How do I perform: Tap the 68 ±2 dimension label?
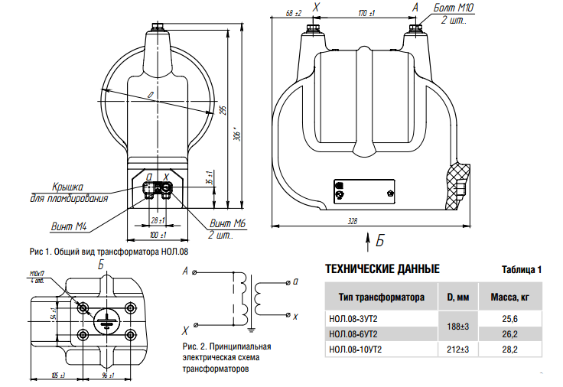point(293,13)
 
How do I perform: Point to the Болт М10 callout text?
point(454,8)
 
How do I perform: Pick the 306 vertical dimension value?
point(237,135)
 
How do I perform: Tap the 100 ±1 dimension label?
point(158,234)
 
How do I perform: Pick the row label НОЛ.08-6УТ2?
point(354,333)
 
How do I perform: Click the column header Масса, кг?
point(509,296)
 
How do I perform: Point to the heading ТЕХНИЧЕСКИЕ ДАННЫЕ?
point(382,269)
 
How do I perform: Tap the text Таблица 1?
point(522,270)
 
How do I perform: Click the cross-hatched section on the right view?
point(461,184)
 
